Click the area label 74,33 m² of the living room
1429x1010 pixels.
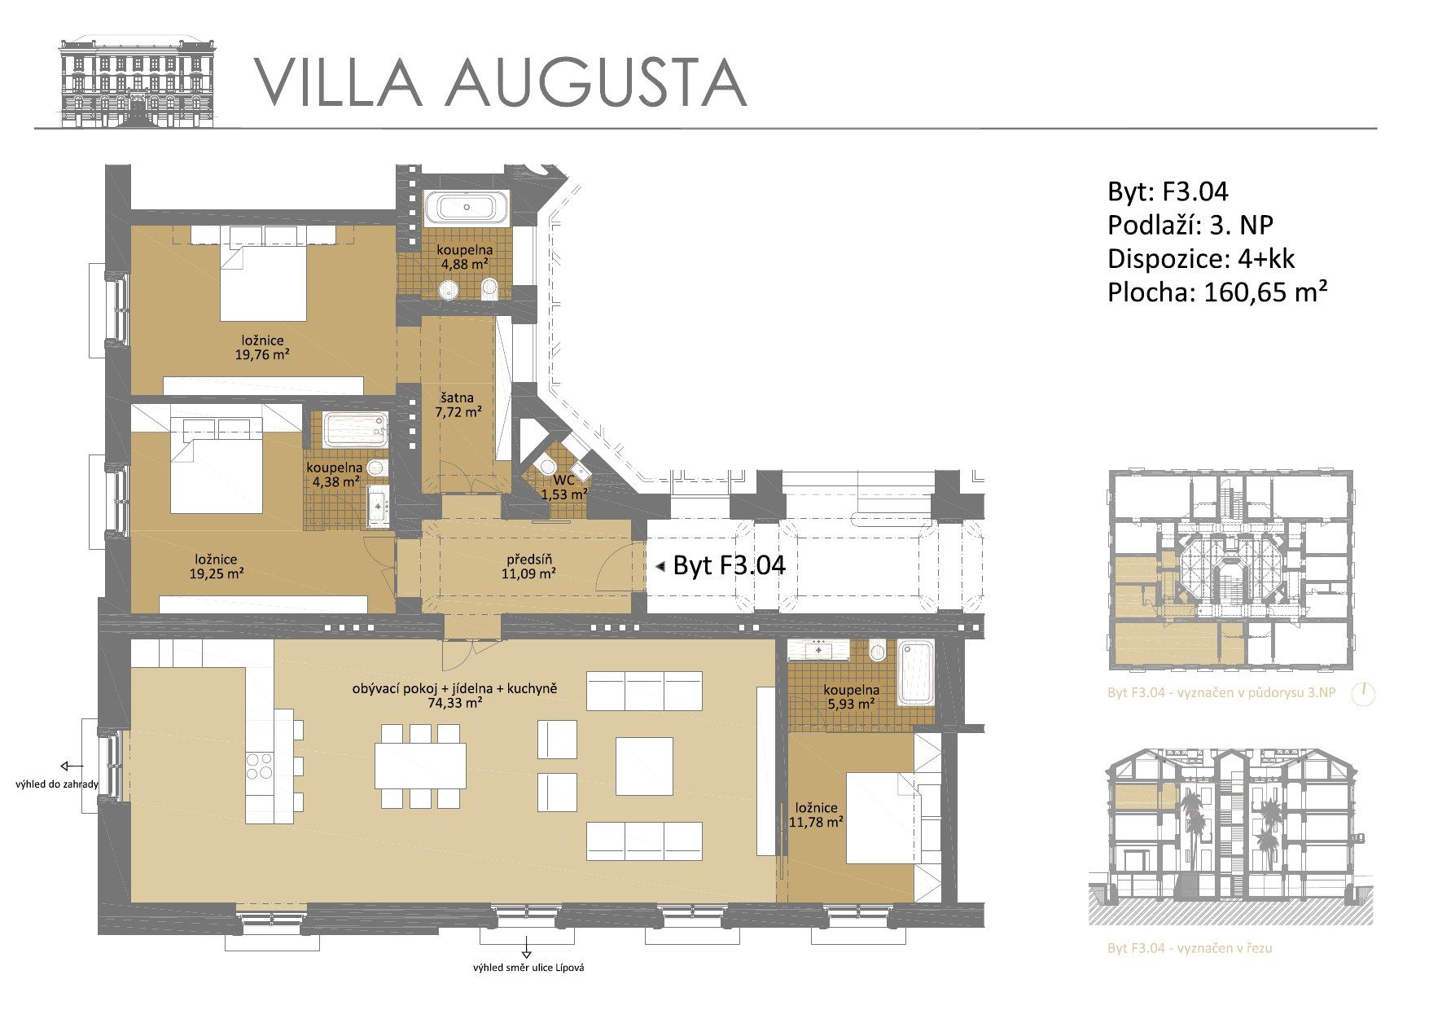click(454, 703)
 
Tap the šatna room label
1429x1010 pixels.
click(458, 398)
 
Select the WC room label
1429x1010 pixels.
click(564, 481)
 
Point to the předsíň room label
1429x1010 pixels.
click(528, 560)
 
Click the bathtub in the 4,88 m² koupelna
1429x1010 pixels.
click(467, 207)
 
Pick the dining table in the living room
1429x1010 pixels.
click(420, 766)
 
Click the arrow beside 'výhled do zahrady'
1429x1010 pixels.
click(72, 766)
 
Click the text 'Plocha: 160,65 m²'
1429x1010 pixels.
click(1218, 292)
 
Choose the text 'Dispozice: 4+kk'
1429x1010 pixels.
click(1201, 258)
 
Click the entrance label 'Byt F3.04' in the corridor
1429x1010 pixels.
click(729, 564)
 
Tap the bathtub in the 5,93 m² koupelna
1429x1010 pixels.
click(915, 673)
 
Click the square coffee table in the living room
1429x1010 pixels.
click(644, 766)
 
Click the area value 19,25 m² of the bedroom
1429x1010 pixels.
click(216, 573)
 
